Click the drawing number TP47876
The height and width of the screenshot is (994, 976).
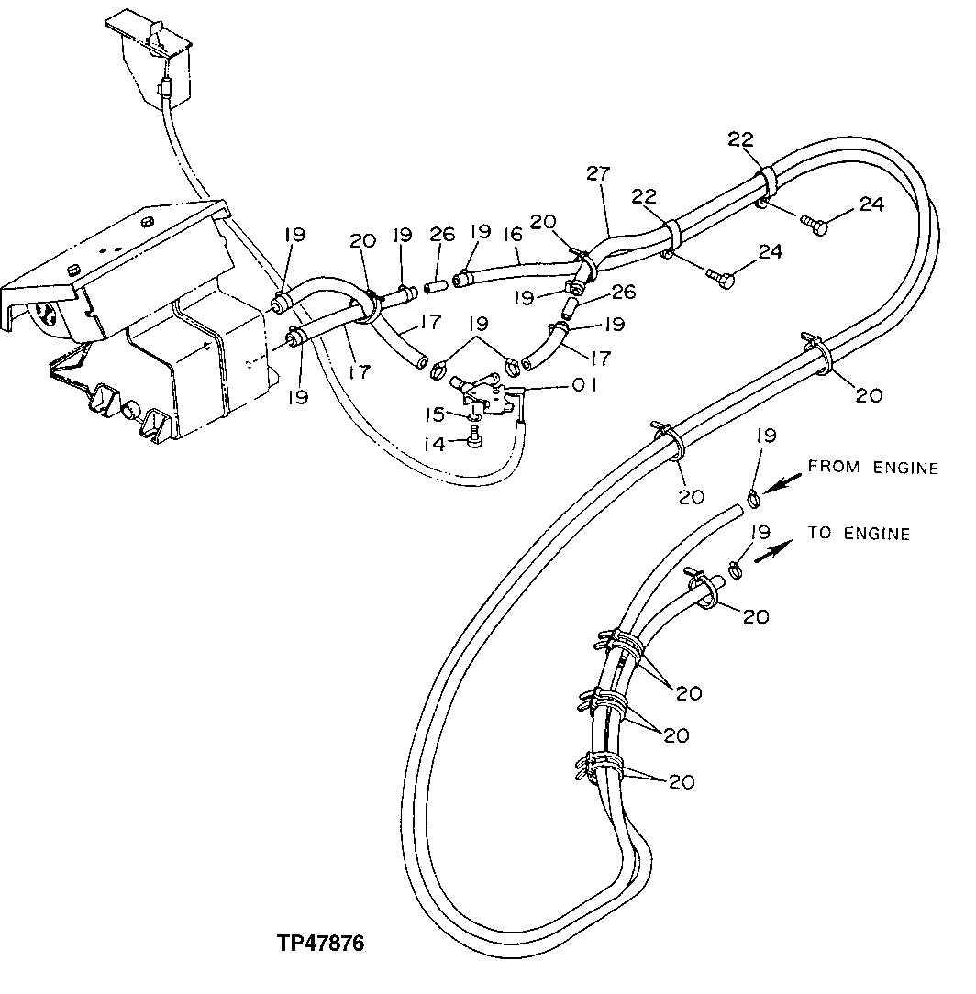[321, 944]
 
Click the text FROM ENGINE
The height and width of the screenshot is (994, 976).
[872, 468]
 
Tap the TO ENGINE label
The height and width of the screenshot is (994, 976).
[859, 534]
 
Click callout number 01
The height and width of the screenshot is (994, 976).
[584, 386]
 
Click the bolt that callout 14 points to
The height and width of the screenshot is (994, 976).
[475, 441]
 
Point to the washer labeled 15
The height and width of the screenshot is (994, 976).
[473, 418]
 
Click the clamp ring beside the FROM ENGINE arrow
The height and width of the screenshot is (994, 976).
[752, 500]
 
